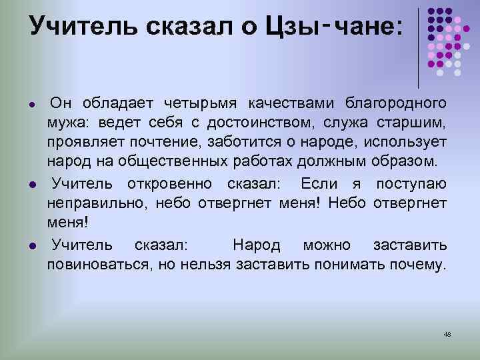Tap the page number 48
pos(447,333)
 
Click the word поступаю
pos(411,183)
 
